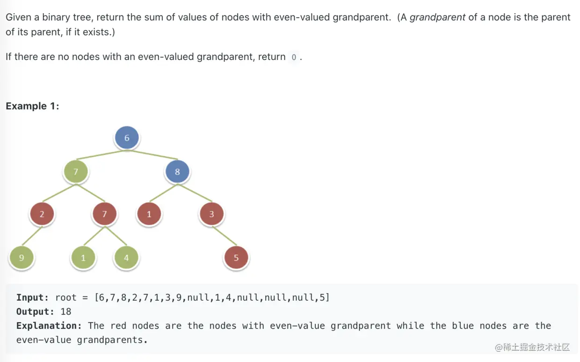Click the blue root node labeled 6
coord(126,138)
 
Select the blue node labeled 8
coord(177,172)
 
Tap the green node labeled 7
coord(76,172)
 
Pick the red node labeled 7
coord(104,214)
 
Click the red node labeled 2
coord(42,214)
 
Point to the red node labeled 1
coord(149,214)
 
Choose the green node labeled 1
coord(83,258)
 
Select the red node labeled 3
coord(211,214)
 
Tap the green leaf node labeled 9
coord(22,258)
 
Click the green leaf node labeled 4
coord(126,258)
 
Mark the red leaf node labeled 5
coord(236,258)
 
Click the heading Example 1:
coord(32,106)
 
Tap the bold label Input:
coord(32,298)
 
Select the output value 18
coord(65,312)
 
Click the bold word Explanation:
coord(49,326)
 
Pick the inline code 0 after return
coord(294,57)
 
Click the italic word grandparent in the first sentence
coord(437,18)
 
